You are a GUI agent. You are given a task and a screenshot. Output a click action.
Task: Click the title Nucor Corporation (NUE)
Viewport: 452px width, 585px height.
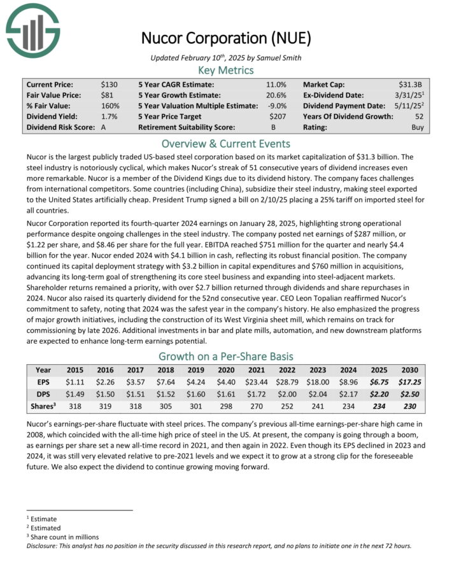[x=225, y=38]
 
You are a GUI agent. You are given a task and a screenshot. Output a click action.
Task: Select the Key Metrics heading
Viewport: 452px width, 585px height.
[x=225, y=70]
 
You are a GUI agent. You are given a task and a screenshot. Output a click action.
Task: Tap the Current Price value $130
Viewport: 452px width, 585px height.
[x=109, y=84]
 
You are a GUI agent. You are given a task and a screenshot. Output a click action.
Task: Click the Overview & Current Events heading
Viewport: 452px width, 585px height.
[x=225, y=143]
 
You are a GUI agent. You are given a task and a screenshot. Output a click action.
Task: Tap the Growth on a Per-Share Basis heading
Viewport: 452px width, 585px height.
[x=225, y=356]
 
